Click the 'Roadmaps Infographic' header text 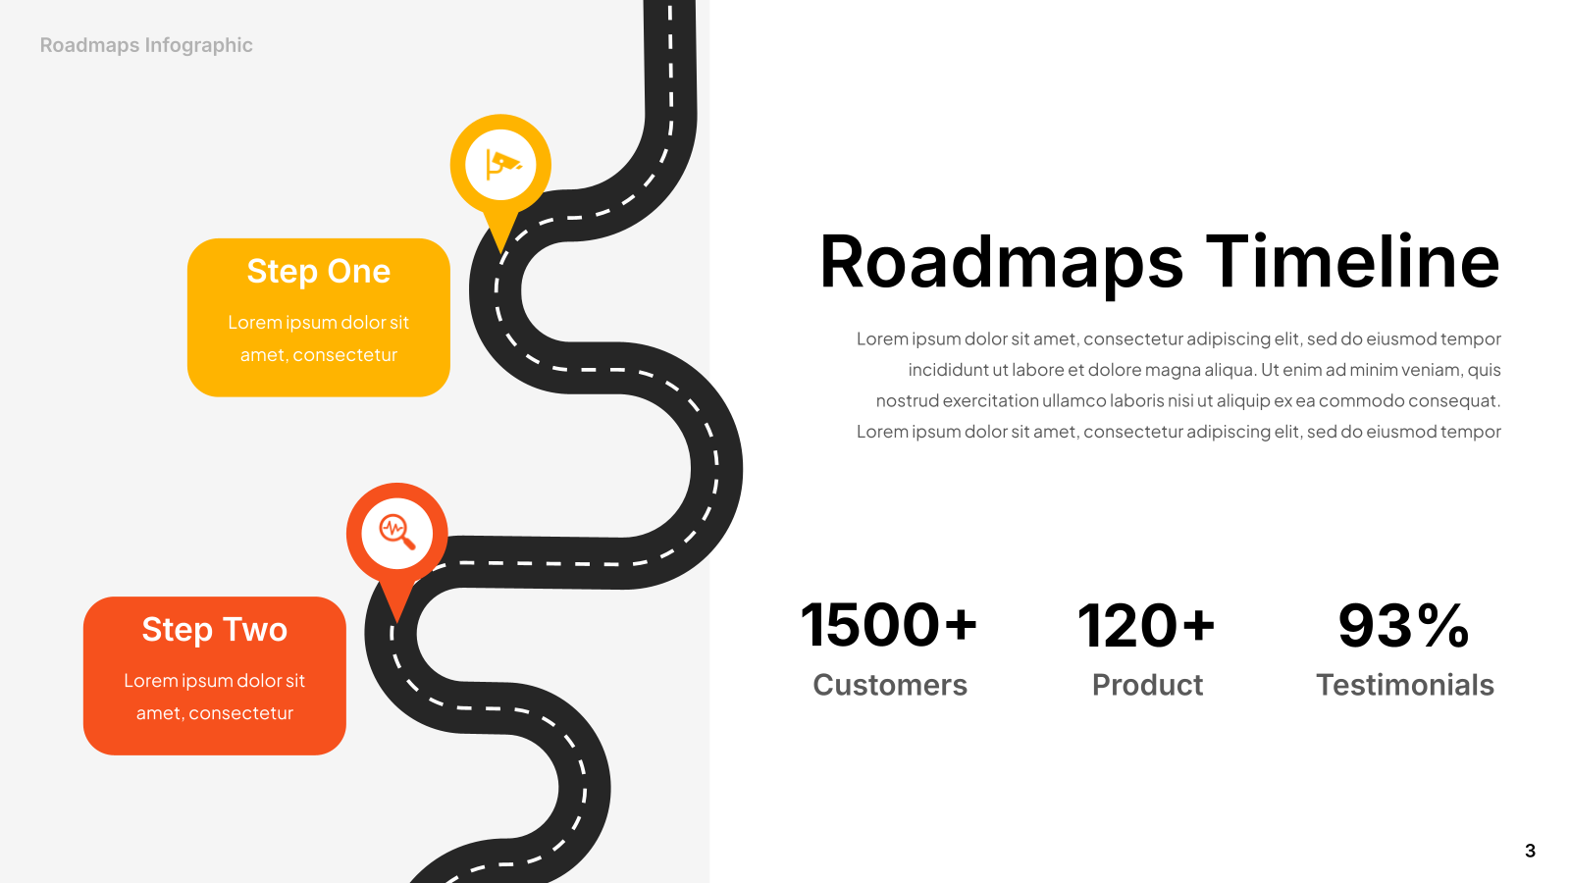pyautogui.click(x=146, y=45)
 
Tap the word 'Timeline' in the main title pyautogui.click(x=1353, y=261)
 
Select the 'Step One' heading pyautogui.click(x=318, y=271)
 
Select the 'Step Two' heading pyautogui.click(x=215, y=629)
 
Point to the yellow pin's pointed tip pyautogui.click(x=500, y=253)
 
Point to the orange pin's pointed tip pyautogui.click(x=397, y=622)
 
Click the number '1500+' pyautogui.click(x=889, y=624)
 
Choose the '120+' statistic pyautogui.click(x=1146, y=624)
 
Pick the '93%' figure pyautogui.click(x=1404, y=624)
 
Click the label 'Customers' pyautogui.click(x=890, y=685)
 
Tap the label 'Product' pyautogui.click(x=1147, y=685)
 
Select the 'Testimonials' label pyautogui.click(x=1404, y=685)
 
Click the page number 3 pyautogui.click(x=1530, y=851)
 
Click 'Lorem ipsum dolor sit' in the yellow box pyautogui.click(x=318, y=323)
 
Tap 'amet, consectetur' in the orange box pyautogui.click(x=215, y=712)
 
